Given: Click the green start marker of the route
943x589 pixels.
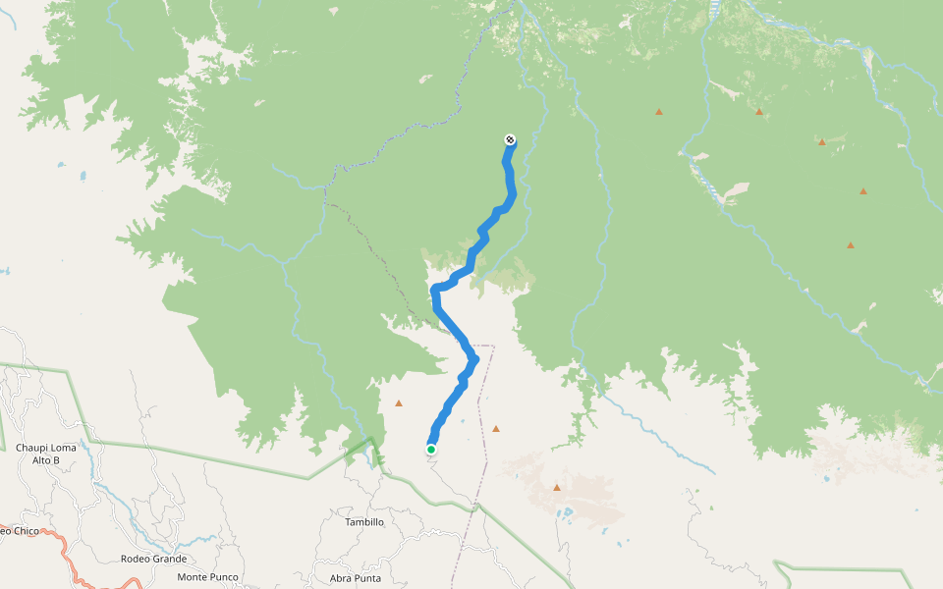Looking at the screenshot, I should pyautogui.click(x=430, y=450).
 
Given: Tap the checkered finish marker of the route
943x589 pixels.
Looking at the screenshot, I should pyautogui.click(x=510, y=139).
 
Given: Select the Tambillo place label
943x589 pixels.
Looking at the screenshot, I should pyautogui.click(x=363, y=522).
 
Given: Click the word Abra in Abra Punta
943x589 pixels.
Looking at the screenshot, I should pyautogui.click(x=341, y=578).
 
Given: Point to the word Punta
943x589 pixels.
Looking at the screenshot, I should pyautogui.click(x=367, y=578).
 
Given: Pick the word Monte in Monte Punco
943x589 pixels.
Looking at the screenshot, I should pyautogui.click(x=194, y=577).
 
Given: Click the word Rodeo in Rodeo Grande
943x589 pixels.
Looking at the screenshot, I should pyautogui.click(x=137, y=559).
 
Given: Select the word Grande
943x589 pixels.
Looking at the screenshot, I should pyautogui.click(x=170, y=559).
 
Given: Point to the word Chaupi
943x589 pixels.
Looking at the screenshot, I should pyautogui.click(x=32, y=448).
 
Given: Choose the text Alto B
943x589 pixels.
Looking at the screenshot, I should pyautogui.click(x=46, y=459).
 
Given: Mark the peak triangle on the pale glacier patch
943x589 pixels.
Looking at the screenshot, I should pyautogui.click(x=557, y=487).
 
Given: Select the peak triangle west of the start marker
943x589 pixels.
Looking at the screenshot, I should pyautogui.click(x=399, y=402).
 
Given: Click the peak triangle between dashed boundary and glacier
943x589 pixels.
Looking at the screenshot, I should pyautogui.click(x=496, y=428).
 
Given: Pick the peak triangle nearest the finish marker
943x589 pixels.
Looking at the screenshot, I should pyautogui.click(x=659, y=112).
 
